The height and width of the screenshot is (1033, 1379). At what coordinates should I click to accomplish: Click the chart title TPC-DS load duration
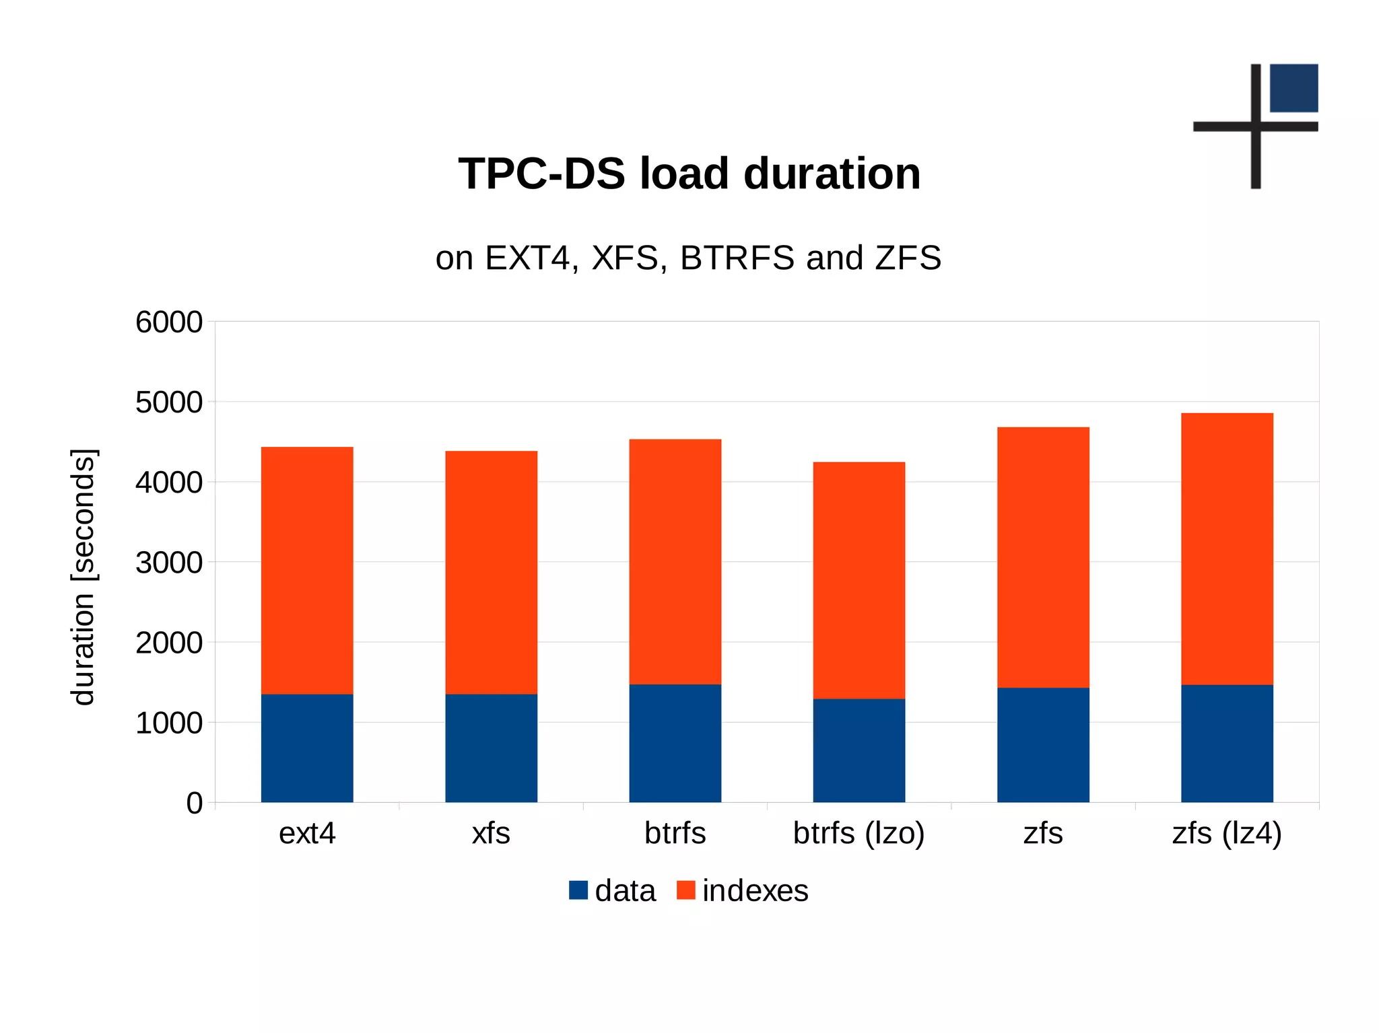pos(689,174)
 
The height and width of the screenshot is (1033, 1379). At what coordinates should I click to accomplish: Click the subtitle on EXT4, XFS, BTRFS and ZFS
pos(688,258)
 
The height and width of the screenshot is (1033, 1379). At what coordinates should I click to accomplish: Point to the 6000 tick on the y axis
pos(169,322)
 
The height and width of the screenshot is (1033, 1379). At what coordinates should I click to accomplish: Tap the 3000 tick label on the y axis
pos(169,563)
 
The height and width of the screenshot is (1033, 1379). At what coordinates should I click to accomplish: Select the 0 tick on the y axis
pos(194,803)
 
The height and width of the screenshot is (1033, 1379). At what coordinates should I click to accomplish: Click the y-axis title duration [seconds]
pos(83,577)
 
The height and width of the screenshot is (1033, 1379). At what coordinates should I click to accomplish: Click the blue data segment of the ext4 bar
pos(307,748)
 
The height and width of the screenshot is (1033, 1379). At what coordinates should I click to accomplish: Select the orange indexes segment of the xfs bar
pos(491,572)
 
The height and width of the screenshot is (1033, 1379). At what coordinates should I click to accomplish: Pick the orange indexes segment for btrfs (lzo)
pos(859,580)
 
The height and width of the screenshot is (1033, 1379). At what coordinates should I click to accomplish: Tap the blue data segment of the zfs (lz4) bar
pos(1227,743)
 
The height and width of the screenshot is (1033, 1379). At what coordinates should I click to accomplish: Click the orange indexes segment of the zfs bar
pos(1043,557)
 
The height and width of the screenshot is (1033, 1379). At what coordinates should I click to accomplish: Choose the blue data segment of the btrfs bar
pos(675,743)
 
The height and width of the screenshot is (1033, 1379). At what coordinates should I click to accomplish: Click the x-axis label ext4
pos(307,833)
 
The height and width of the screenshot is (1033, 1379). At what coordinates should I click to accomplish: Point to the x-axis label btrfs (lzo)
pos(859,833)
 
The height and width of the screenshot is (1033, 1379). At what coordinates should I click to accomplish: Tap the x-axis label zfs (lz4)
pos(1227,833)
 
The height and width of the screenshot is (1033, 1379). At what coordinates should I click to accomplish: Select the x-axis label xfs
pos(491,833)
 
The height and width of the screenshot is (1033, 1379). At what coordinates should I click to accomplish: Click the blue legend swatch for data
pos(578,890)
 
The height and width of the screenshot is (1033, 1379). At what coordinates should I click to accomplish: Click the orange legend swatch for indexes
pos(685,890)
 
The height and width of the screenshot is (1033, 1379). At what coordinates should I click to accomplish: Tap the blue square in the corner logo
pos(1293,88)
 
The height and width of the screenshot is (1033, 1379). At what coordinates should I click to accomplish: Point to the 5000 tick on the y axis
pos(169,402)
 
